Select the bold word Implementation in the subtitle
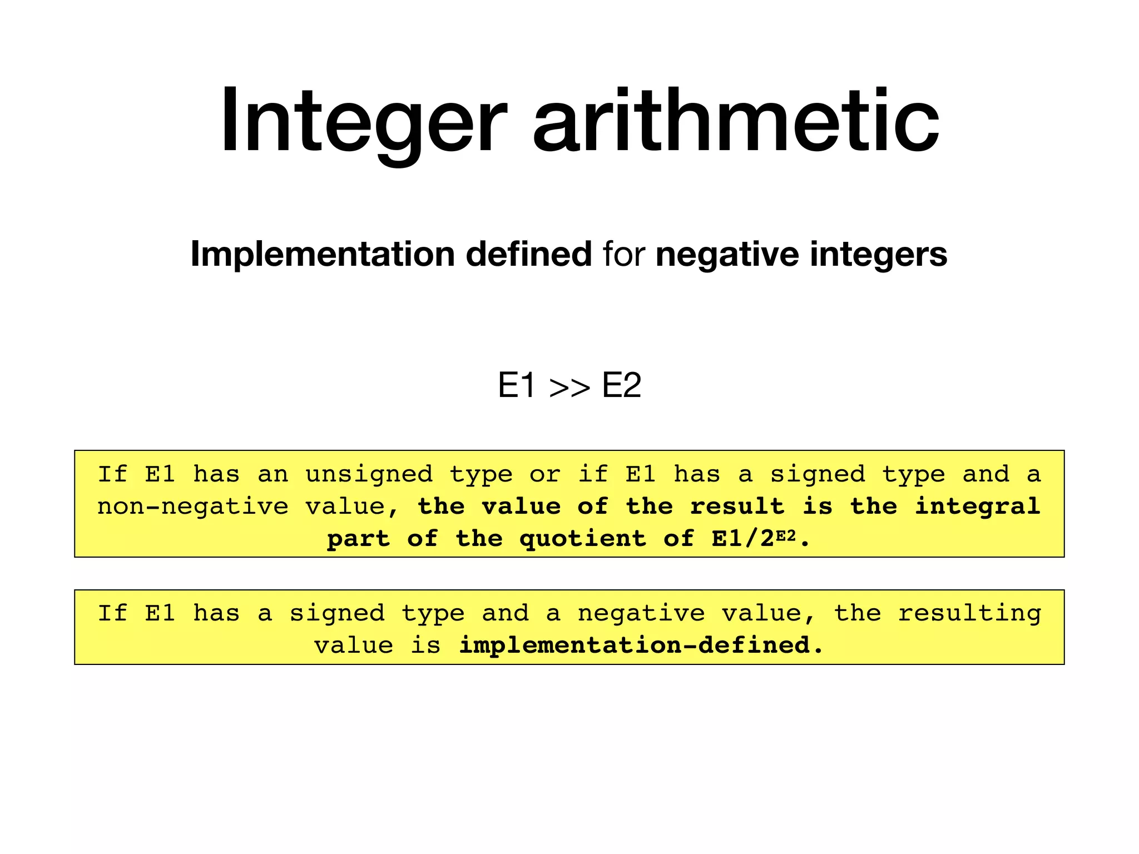tap(322, 254)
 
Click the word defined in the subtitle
tap(528, 254)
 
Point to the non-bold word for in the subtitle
tap(623, 254)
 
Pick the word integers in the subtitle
tap(878, 254)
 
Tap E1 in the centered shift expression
tap(517, 385)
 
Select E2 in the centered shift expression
tap(621, 385)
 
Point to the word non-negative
tap(193, 507)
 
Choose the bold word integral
tap(978, 507)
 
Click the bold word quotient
tap(583, 539)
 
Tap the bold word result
tap(737, 507)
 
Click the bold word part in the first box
tap(358, 539)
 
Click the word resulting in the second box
tap(970, 613)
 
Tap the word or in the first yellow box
tap(544, 474)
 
